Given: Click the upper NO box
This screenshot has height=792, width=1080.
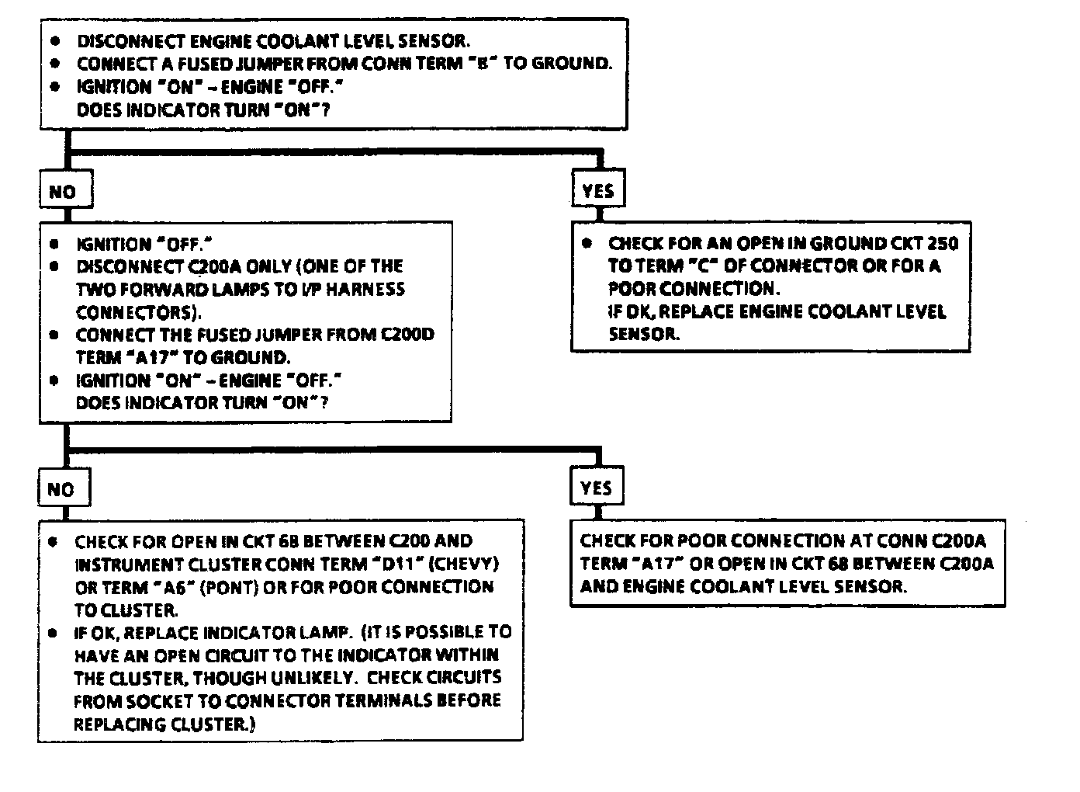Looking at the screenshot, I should tap(65, 191).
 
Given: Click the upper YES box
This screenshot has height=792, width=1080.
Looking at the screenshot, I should tap(597, 190).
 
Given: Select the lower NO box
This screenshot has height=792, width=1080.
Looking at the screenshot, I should tap(63, 488).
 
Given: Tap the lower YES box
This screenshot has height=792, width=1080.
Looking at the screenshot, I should tap(596, 488).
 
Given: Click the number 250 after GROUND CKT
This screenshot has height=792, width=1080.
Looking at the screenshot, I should tap(943, 243).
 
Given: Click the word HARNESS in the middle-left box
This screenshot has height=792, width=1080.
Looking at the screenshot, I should tap(366, 289).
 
